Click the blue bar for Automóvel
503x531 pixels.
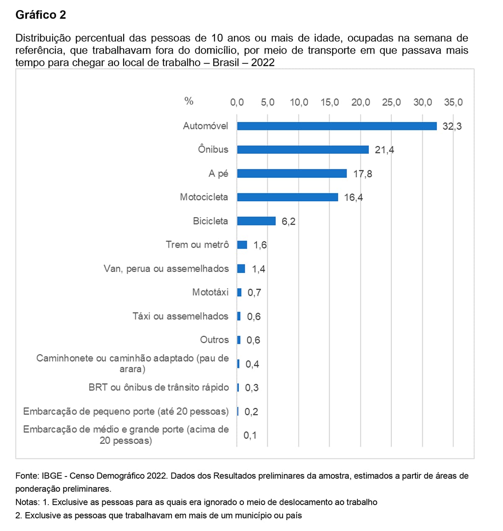[x=337, y=126]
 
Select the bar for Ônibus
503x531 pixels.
[x=303, y=150]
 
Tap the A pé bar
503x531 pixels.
[x=292, y=174]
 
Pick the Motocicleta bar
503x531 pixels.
[x=288, y=197]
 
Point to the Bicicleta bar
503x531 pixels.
[x=256, y=221]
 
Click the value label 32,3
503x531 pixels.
[x=452, y=126]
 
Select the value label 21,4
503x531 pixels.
[x=384, y=150]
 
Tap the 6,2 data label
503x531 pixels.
[x=288, y=221]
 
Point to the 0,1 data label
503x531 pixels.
[x=250, y=435]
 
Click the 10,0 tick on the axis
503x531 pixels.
[x=299, y=102]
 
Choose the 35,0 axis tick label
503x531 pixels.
[x=453, y=102]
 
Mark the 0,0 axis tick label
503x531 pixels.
[x=237, y=102]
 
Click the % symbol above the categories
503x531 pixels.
[x=189, y=101]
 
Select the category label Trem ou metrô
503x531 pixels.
[x=197, y=245]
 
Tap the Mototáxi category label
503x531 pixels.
[x=210, y=292]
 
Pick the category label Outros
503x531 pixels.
[x=214, y=340]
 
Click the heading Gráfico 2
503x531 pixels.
[x=41, y=15]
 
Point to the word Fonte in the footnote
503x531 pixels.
[x=26, y=476]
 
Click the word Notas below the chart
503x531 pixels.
[x=27, y=502]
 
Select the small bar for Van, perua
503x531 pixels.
[x=241, y=269]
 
